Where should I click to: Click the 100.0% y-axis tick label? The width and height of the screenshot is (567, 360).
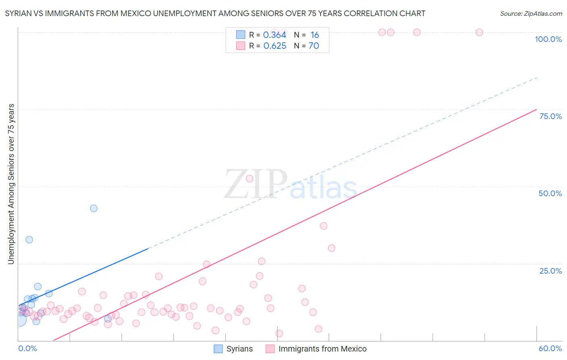[x=548, y=39]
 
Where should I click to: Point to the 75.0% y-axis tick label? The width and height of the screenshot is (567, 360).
[x=550, y=116]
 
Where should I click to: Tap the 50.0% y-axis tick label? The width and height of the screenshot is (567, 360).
[x=550, y=193]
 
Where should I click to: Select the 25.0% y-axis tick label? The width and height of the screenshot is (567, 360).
[x=550, y=271]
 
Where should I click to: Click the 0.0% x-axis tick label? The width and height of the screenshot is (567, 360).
[x=27, y=348]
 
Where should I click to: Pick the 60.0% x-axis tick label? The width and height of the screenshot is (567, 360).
[x=550, y=348]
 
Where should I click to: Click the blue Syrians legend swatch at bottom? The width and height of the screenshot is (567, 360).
[x=218, y=349]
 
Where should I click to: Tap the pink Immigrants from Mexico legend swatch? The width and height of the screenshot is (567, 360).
[x=270, y=349]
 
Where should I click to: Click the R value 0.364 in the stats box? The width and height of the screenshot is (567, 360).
[x=275, y=35]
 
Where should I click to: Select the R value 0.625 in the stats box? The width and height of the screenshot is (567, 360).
[x=275, y=46]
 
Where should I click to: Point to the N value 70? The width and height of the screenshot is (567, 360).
[x=314, y=46]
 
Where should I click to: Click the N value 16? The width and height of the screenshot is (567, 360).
[x=315, y=35]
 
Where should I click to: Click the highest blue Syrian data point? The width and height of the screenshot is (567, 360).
[x=94, y=208]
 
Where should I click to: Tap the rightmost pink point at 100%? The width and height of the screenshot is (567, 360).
[x=479, y=32]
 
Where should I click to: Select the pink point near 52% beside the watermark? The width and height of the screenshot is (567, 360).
[x=249, y=178]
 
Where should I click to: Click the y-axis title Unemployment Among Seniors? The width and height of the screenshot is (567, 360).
[x=11, y=184]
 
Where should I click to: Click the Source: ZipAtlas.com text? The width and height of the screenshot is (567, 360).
[x=531, y=14]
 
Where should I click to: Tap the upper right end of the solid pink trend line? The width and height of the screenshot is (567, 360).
[x=536, y=109]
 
